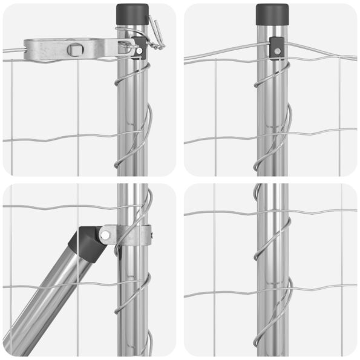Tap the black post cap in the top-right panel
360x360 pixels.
[x=272, y=13]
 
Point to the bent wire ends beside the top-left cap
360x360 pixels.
[x=158, y=33]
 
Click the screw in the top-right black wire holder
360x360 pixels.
[x=275, y=52]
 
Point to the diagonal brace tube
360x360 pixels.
[x=48, y=296]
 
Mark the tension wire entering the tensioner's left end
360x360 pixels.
[x=12, y=50]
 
